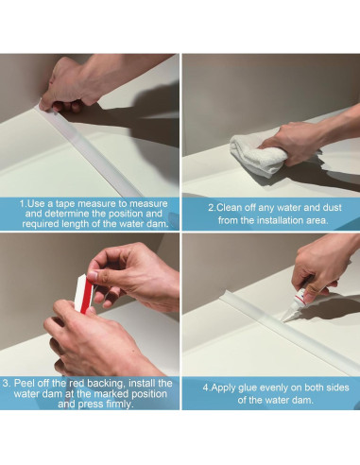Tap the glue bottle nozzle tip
pyautogui.click(x=283, y=321)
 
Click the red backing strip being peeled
pyautogui.click(x=84, y=295)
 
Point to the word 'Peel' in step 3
pyautogui.click(x=25, y=384)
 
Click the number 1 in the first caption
pyautogui.click(x=22, y=203)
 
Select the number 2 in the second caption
pyautogui.click(x=211, y=208)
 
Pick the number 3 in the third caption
pyautogui.click(x=6, y=384)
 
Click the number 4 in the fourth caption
pyautogui.click(x=206, y=387)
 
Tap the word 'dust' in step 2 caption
pyautogui.click(x=333, y=208)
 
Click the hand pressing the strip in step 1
pyautogui.click(x=73, y=87)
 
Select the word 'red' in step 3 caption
pyautogui.click(x=77, y=384)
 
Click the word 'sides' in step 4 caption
pyautogui.click(x=337, y=387)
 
